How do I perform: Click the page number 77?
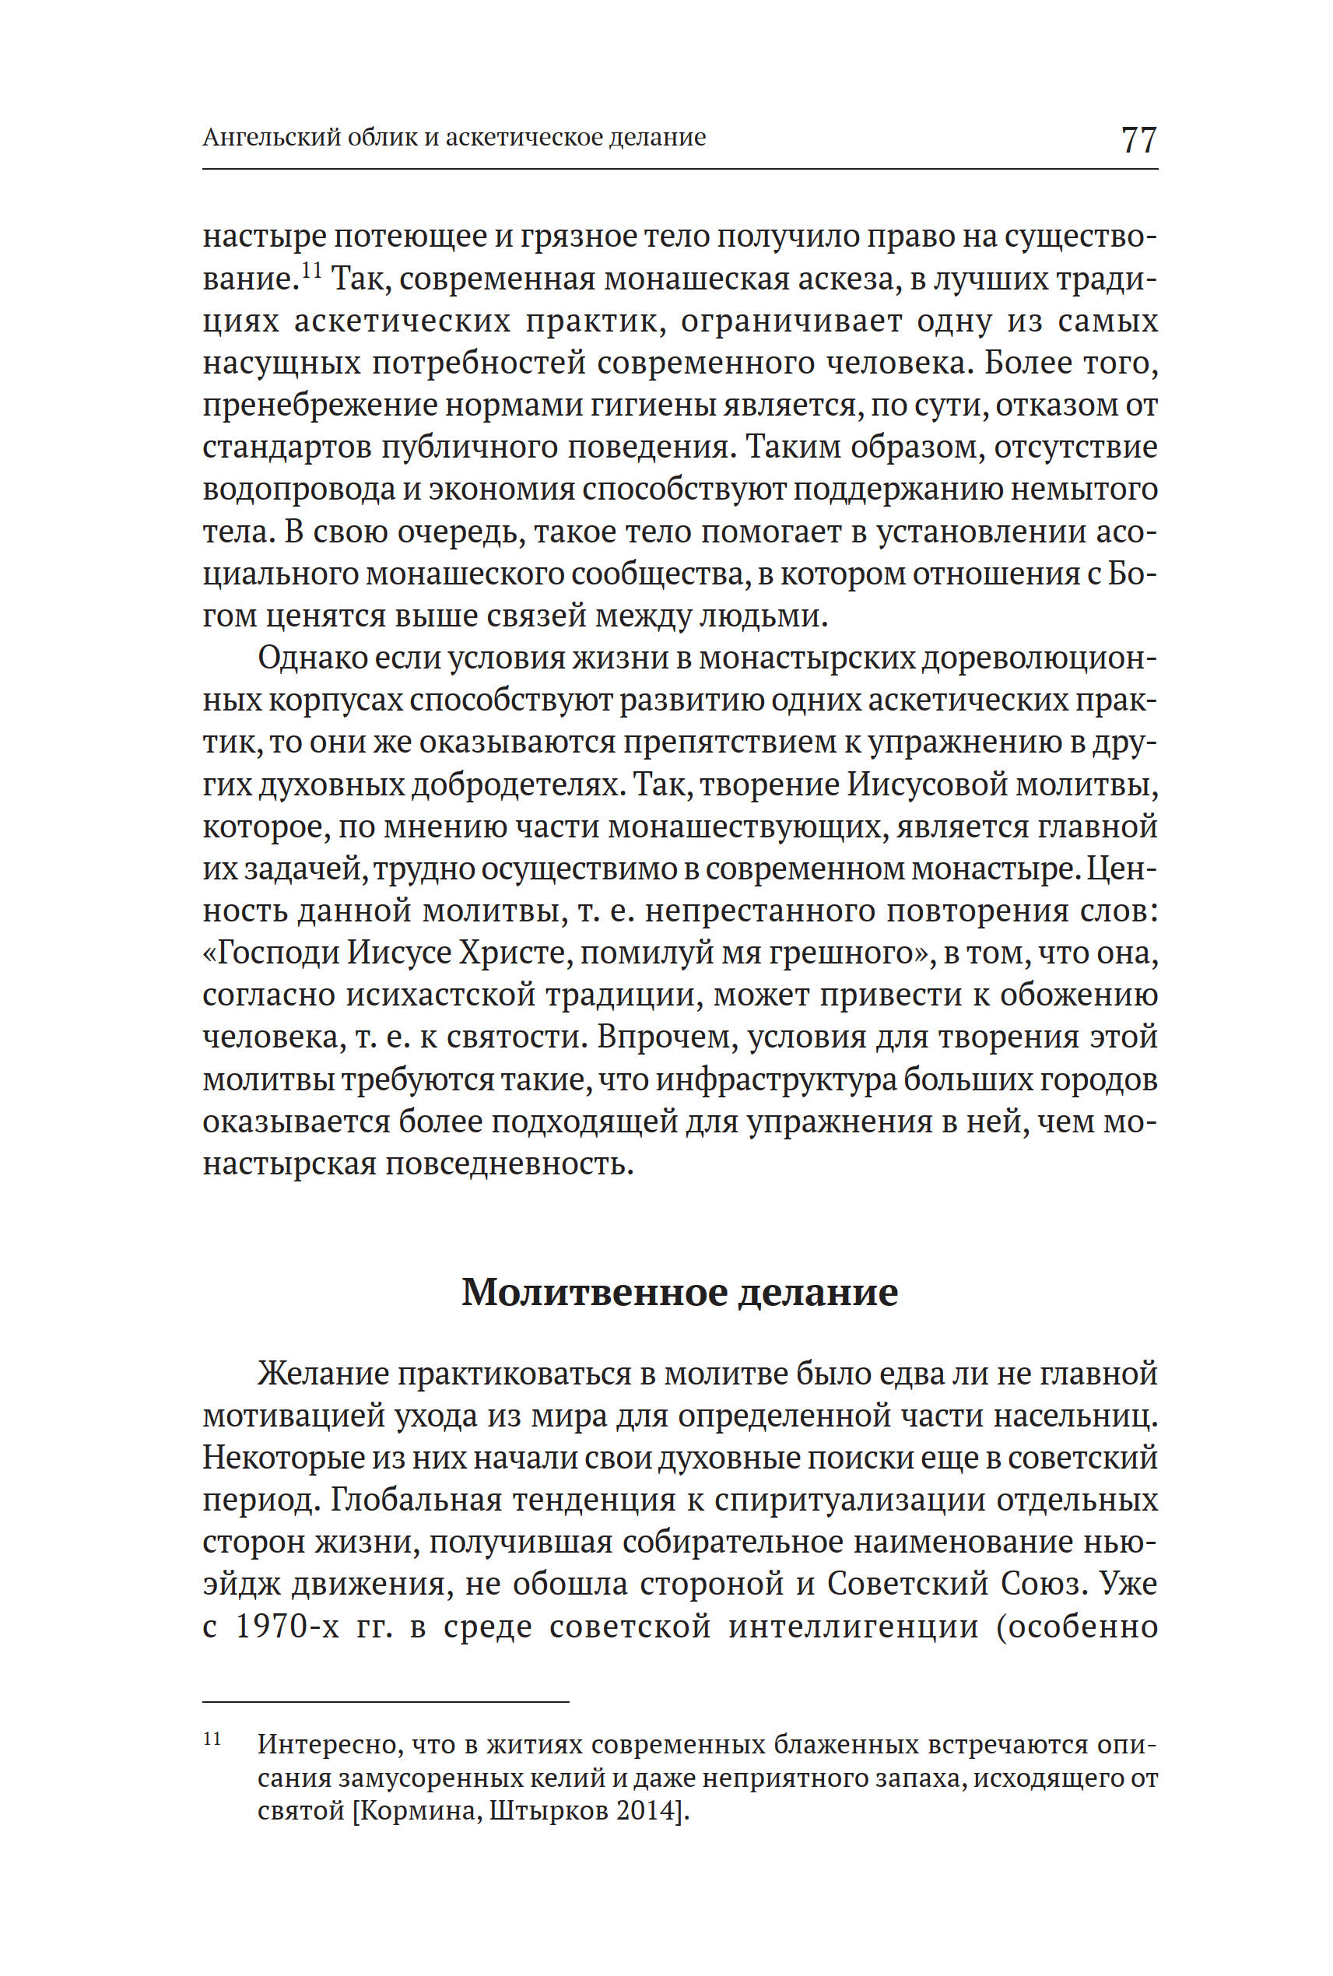(x=1138, y=139)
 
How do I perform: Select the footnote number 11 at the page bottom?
(x=212, y=1739)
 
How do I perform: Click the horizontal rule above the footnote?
(x=385, y=1702)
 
